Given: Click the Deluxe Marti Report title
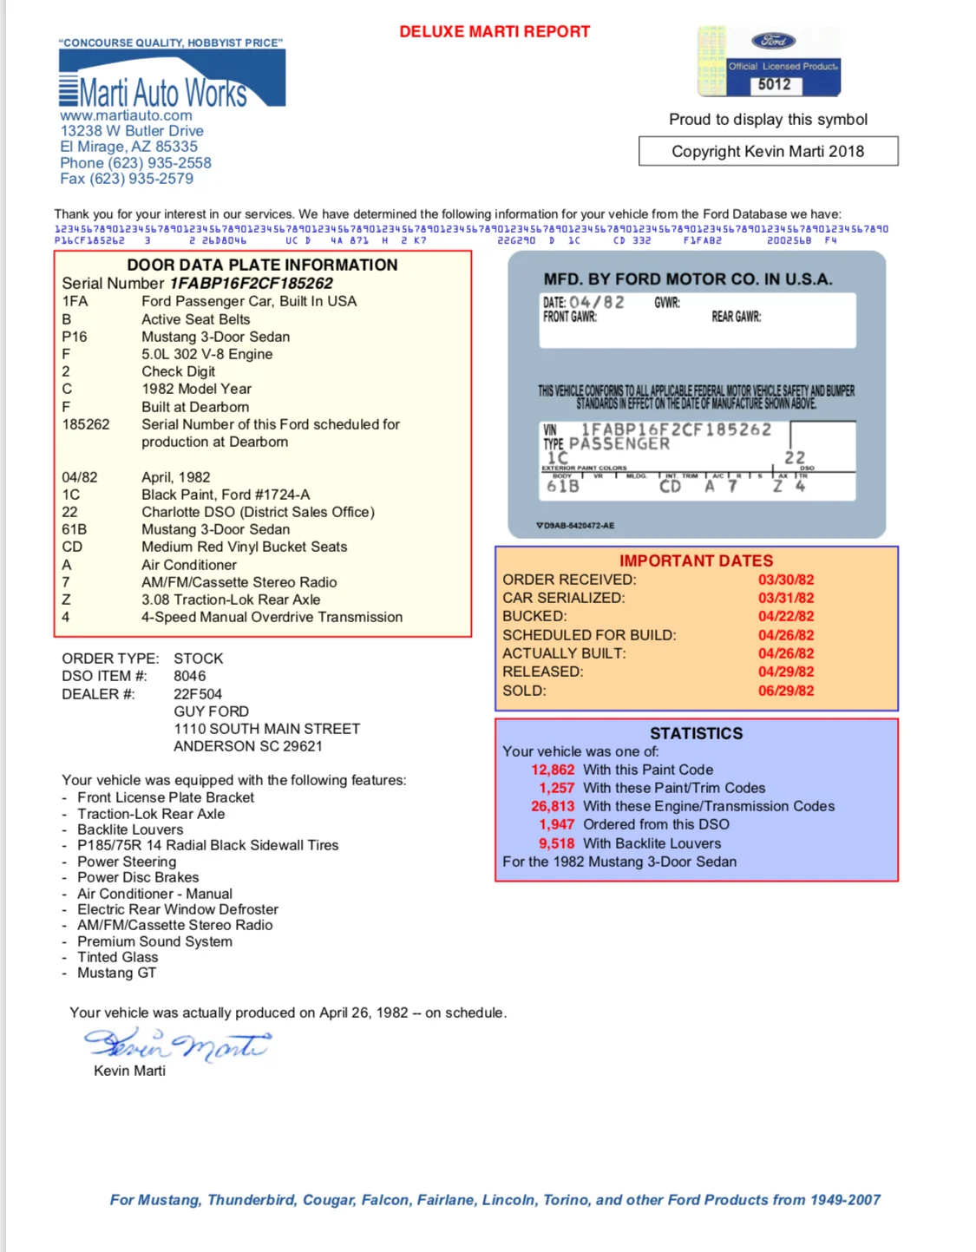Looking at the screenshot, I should (494, 32).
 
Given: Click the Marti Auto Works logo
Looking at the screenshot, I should (172, 80).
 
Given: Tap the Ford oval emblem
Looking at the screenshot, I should (773, 41).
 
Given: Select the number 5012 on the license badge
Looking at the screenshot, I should (774, 84).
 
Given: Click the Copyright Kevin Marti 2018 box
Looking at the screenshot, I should (768, 151).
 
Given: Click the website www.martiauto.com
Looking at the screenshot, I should (126, 115).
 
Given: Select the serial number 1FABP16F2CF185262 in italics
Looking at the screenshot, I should (251, 284).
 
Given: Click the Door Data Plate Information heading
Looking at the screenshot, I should (262, 265).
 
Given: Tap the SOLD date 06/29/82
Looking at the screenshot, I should (786, 691).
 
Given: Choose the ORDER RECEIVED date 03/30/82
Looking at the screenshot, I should (786, 580).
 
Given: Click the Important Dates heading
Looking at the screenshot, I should (696, 560).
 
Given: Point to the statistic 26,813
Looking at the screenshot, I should (553, 806).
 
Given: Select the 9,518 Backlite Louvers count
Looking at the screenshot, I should (556, 843).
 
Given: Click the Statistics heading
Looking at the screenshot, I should (696, 733).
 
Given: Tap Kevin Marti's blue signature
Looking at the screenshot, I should (177, 1045).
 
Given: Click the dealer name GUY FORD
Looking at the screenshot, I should (211, 711).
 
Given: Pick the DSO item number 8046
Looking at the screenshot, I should (189, 676).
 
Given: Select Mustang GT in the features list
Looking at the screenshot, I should (116, 973).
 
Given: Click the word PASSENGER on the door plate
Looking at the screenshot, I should (619, 444).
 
